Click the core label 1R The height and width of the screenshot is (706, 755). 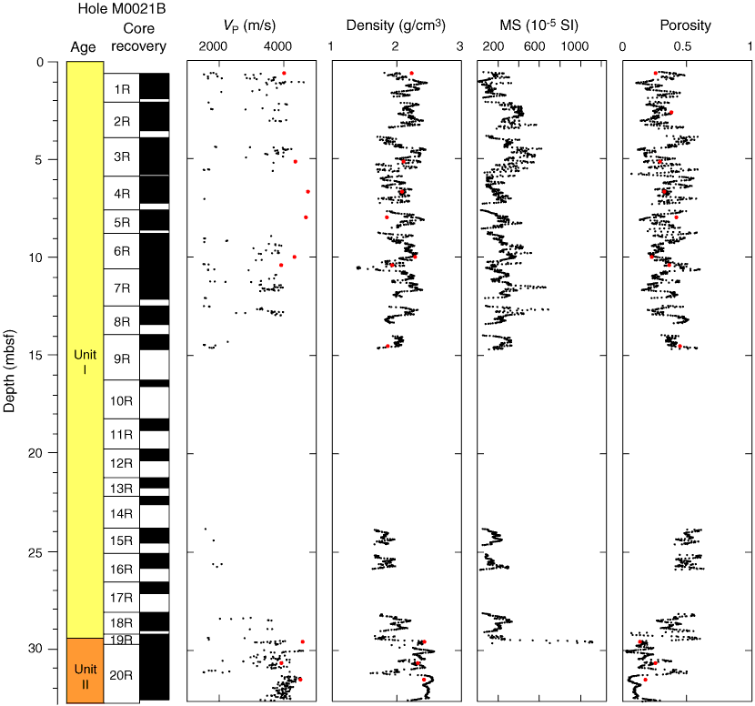pyautogui.click(x=121, y=89)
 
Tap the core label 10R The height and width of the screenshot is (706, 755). pyautogui.click(x=121, y=400)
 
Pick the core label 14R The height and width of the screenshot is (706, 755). pyautogui.click(x=121, y=514)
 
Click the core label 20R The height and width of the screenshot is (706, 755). pyautogui.click(x=121, y=675)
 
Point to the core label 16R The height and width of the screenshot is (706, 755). pyautogui.click(x=121, y=570)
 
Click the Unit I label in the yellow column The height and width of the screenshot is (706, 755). pyautogui.click(x=84, y=361)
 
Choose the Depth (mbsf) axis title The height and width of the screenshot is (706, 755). pyautogui.click(x=10, y=362)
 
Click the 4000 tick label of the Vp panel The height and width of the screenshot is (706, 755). pyautogui.click(x=277, y=47)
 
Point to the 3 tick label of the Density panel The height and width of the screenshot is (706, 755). pyautogui.click(x=460, y=47)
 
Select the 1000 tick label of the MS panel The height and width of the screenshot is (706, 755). pyautogui.click(x=573, y=47)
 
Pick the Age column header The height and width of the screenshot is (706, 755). pyautogui.click(x=83, y=47)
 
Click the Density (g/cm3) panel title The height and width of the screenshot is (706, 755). pyautogui.click(x=396, y=25)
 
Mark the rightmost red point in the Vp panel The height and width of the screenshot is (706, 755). pyautogui.click(x=308, y=192)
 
